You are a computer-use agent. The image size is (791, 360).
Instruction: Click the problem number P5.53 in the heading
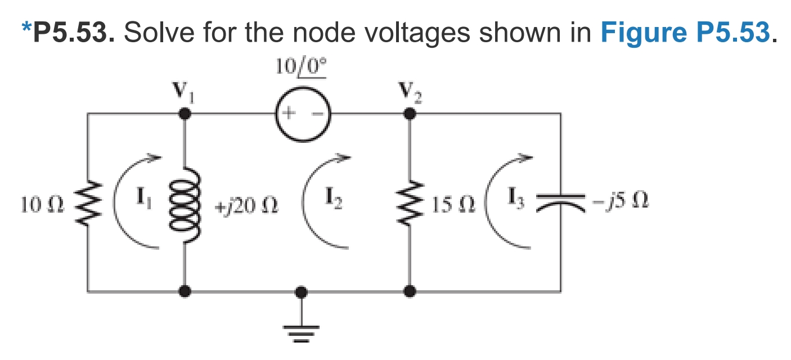pos(74,33)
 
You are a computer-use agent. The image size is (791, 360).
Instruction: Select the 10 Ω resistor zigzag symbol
pos(88,204)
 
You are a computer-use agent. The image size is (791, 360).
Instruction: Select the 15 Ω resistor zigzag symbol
pos(411,204)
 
